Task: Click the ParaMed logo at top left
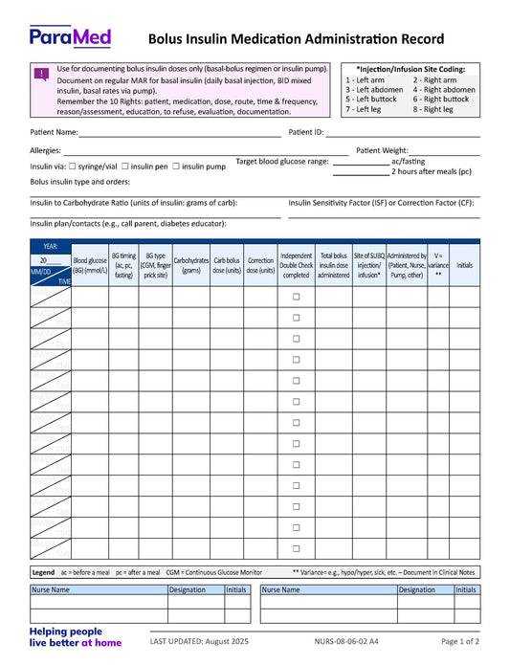(x=70, y=37)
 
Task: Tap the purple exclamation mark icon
(x=42, y=74)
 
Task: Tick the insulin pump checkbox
(x=176, y=166)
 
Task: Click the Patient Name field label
(x=54, y=132)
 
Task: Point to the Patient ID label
(x=306, y=132)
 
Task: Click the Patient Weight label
(x=382, y=150)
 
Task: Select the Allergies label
(x=45, y=150)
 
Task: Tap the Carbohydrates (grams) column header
(x=191, y=265)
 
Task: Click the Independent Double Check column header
(x=296, y=265)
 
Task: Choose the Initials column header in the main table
(x=464, y=265)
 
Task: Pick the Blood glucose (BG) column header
(x=90, y=265)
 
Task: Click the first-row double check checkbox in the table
(x=296, y=297)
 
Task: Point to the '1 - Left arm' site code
(x=366, y=80)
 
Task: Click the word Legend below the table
(x=43, y=572)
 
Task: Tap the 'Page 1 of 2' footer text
(x=460, y=641)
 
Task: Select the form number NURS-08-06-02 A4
(x=346, y=641)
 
